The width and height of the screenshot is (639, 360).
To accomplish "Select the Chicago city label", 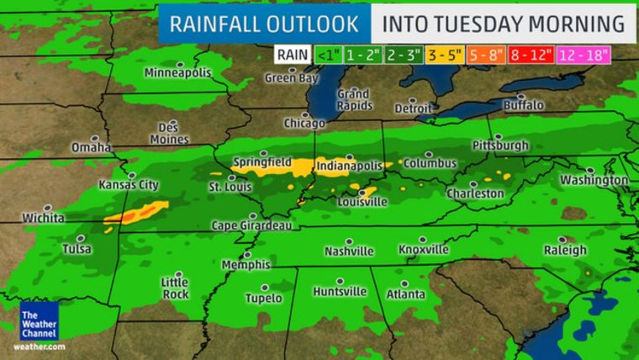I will [x=304, y=123].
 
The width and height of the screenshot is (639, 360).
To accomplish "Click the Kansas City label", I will [x=129, y=184].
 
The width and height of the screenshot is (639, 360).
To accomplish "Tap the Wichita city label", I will [x=43, y=218].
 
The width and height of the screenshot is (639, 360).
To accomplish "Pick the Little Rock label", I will [x=175, y=288].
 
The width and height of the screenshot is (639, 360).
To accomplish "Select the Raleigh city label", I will [x=565, y=250].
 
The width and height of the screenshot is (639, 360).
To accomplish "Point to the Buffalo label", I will [x=523, y=105].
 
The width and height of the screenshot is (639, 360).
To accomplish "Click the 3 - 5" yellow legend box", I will [x=445, y=55].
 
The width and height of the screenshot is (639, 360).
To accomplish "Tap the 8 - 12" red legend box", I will [x=530, y=55].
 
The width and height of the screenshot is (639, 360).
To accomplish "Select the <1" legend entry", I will [x=326, y=55].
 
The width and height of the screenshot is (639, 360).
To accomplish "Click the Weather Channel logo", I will [x=39, y=320].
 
